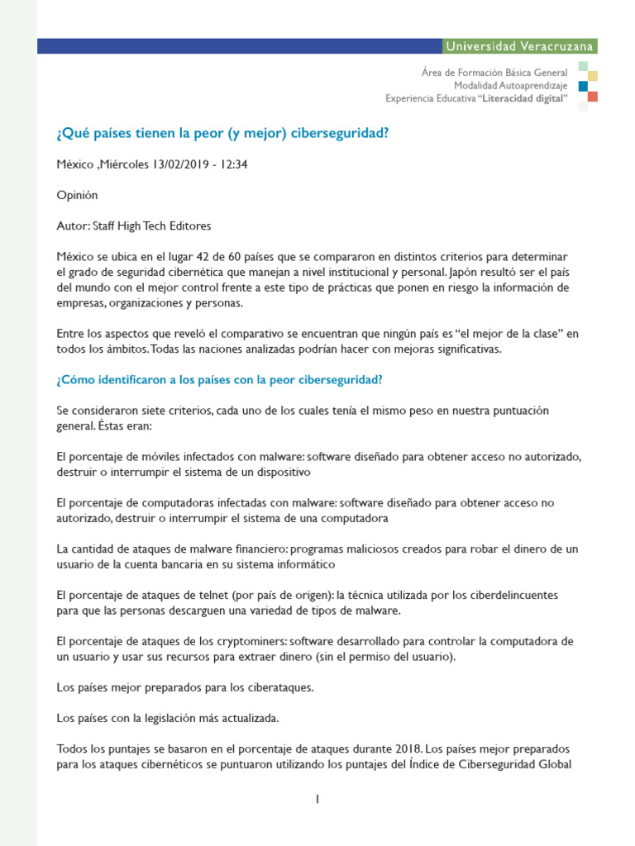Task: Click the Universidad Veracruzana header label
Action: pyautogui.click(x=518, y=46)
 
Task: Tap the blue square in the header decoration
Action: pyautogui.click(x=583, y=86)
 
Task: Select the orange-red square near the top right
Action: pyautogui.click(x=593, y=97)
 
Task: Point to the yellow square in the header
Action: pyautogui.click(x=593, y=76)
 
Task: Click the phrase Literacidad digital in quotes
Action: pyautogui.click(x=523, y=98)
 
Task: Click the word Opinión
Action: pyautogui.click(x=77, y=195)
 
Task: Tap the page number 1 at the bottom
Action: pyautogui.click(x=317, y=799)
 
